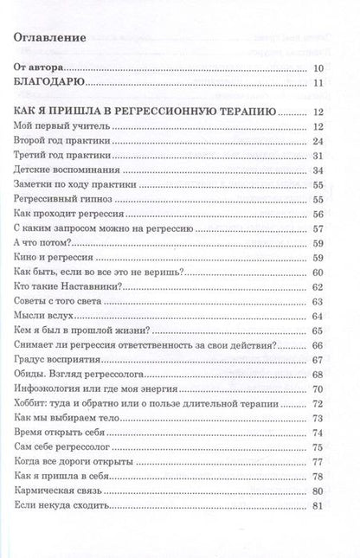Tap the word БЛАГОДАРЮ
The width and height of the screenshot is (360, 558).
49,83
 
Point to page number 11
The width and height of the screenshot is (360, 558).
317,83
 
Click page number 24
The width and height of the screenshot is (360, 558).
317,143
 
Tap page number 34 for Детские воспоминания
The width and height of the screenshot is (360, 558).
317,171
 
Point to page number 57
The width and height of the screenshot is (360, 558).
317,229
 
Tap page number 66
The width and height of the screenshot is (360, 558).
317,345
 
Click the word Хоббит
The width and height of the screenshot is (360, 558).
34,404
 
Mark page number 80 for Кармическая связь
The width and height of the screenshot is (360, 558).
317,491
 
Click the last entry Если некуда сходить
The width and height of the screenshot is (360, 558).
61,505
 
